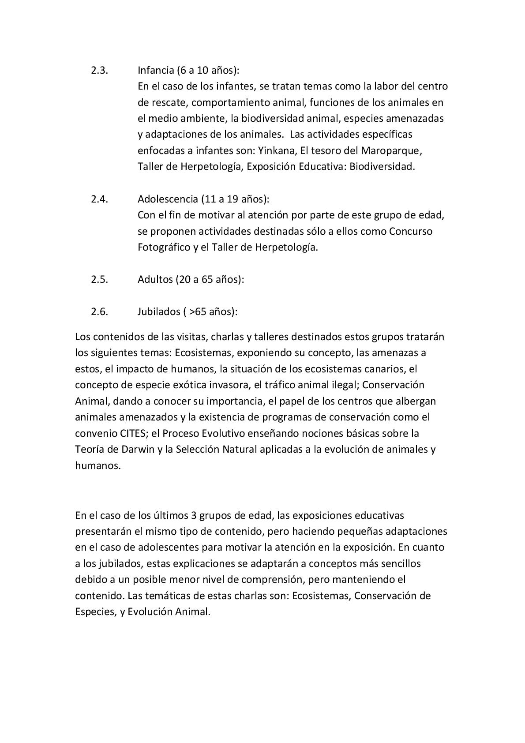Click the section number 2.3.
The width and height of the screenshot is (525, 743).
pos(99,70)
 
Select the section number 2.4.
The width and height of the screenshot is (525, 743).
pos(99,199)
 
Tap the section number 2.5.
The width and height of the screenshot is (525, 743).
pos(99,279)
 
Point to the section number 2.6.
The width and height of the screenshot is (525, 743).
pos(99,311)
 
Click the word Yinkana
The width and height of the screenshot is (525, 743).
pos(279,151)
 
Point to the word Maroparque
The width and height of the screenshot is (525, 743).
pos(391,151)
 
